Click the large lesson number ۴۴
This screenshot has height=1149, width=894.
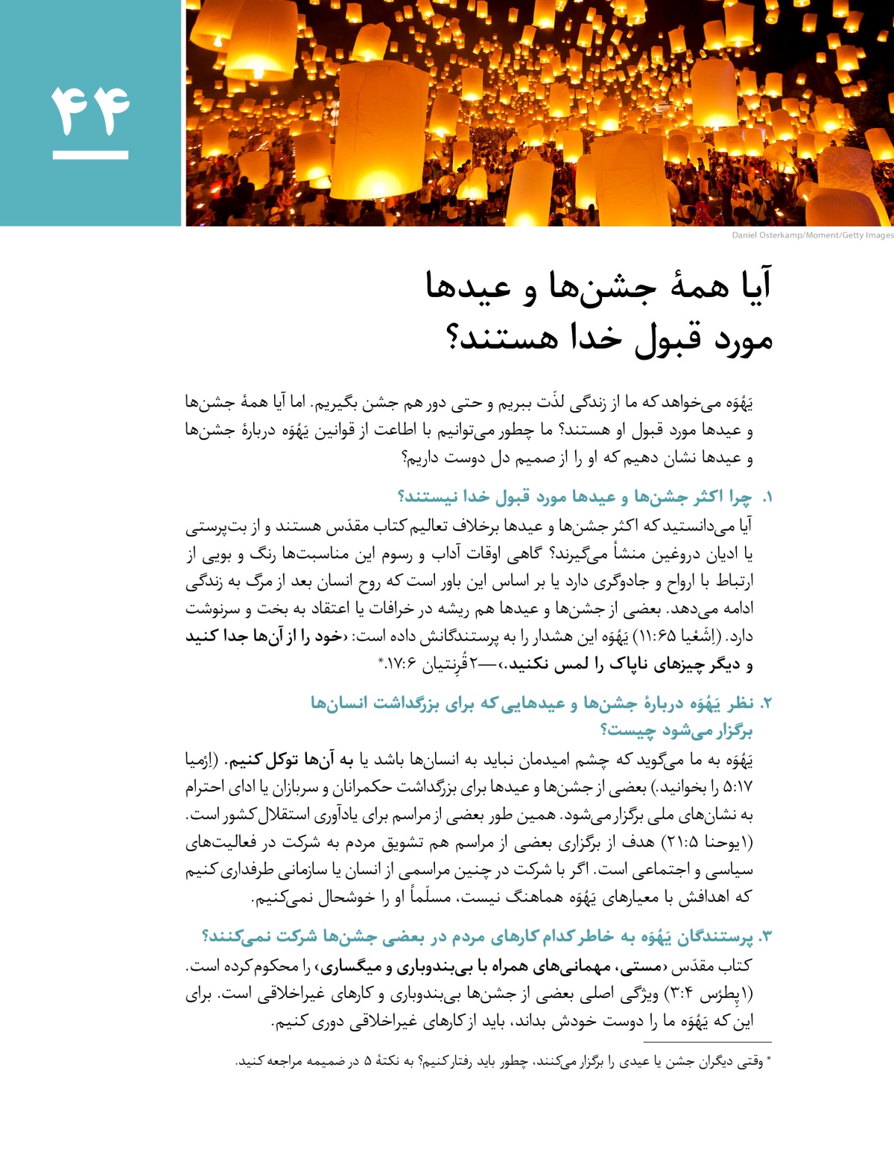[90, 110]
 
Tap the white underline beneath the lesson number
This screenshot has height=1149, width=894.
[90, 155]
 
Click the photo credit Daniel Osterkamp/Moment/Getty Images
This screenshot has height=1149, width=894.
[812, 235]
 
